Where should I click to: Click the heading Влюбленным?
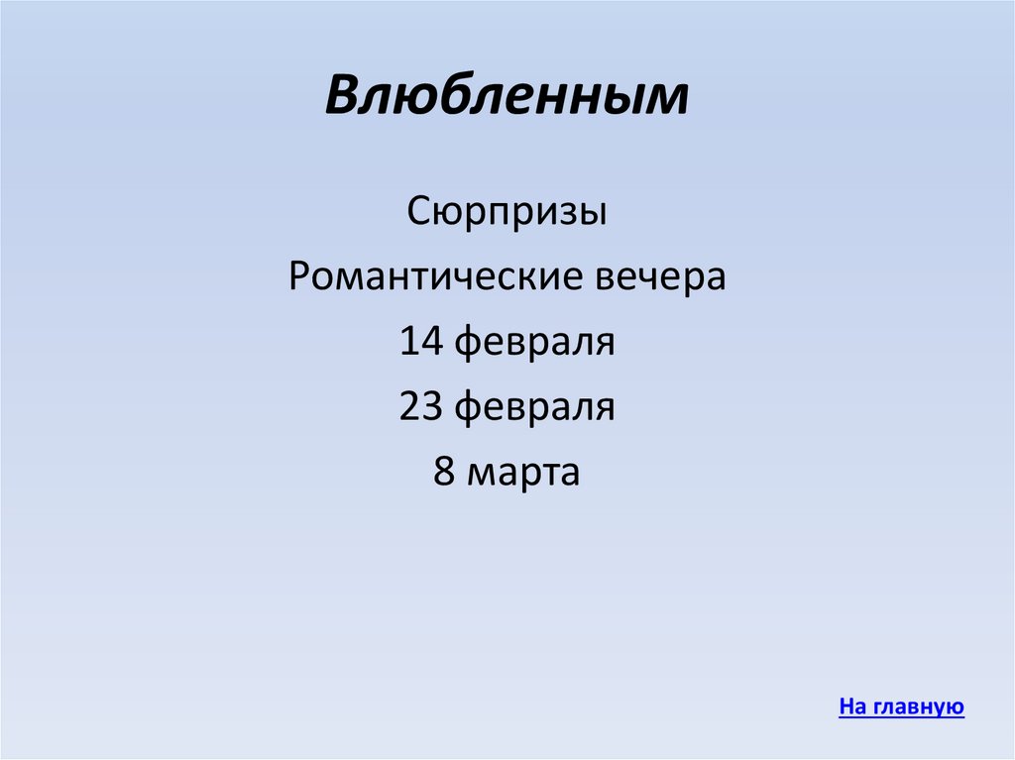pyautogui.click(x=507, y=98)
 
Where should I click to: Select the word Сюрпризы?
pyautogui.click(x=507, y=212)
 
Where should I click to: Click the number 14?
pyautogui.click(x=421, y=342)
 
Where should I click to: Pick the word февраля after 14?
pyautogui.click(x=535, y=344)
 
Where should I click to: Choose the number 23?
pyautogui.click(x=421, y=407)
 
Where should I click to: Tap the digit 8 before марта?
pyautogui.click(x=443, y=473)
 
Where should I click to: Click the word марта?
pyautogui.click(x=523, y=474)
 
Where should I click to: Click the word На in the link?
pyautogui.click(x=852, y=707)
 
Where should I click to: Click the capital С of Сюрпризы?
pyautogui.click(x=417, y=212)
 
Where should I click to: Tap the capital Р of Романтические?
pyautogui.click(x=299, y=276)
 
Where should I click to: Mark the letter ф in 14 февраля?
pyautogui.click(x=469, y=345)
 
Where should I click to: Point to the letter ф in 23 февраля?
pyautogui.click(x=469, y=410)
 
